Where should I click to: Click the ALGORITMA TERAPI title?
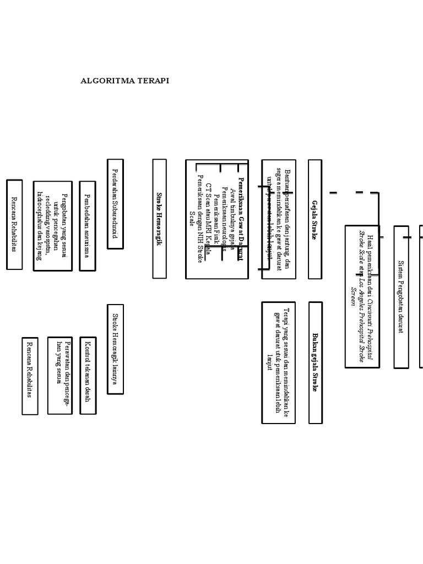[125, 80]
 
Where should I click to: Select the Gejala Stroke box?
[314, 219]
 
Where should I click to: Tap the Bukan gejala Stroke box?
[315, 362]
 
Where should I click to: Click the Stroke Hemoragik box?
[159, 219]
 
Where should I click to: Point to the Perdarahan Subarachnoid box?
[115, 204]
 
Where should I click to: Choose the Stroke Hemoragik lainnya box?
[115, 349]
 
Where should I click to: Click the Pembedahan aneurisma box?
[87, 226]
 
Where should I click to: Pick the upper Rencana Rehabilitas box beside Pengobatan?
[14, 224]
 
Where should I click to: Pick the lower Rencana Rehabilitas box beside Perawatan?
[30, 376]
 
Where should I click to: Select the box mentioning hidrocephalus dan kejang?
[52, 226]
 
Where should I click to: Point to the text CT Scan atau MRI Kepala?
[208, 220]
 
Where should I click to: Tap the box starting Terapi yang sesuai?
[278, 362]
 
